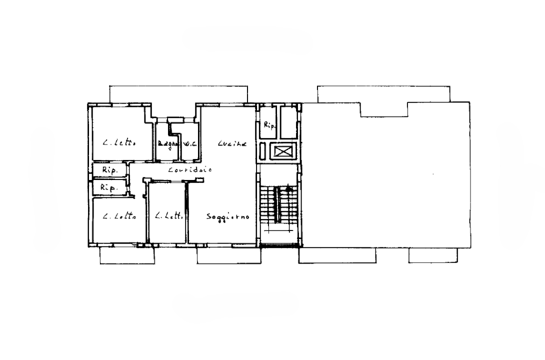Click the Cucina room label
[x=232, y=144]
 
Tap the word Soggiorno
[x=228, y=217]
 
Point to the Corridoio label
[x=189, y=170]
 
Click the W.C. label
[x=189, y=144]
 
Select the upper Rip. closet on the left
[x=109, y=170]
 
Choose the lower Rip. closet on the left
[x=108, y=188]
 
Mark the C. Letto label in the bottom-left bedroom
[x=119, y=217]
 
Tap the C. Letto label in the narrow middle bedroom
[x=168, y=217]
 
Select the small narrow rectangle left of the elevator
[x=262, y=150]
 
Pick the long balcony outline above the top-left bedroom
[x=178, y=94]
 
